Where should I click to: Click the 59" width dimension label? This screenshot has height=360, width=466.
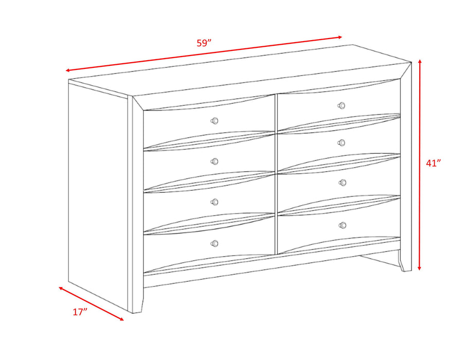tap(204, 43)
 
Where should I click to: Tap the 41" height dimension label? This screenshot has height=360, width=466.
tap(434, 163)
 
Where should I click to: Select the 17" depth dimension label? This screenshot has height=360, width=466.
tap(80, 312)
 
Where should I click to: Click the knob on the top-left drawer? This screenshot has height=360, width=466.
tap(215, 121)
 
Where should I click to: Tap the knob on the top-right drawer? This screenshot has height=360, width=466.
tap(341, 105)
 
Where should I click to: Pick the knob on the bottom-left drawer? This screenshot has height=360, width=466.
tap(214, 243)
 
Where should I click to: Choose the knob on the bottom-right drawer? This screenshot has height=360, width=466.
tap(343, 225)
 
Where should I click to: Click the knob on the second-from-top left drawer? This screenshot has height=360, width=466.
tap(215, 161)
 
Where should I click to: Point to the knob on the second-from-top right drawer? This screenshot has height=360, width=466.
tap(342, 142)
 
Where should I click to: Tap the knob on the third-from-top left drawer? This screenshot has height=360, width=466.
tap(215, 202)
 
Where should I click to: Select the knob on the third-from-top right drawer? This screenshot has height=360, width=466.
tap(342, 183)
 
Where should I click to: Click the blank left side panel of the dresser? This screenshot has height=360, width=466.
tap(98, 195)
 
